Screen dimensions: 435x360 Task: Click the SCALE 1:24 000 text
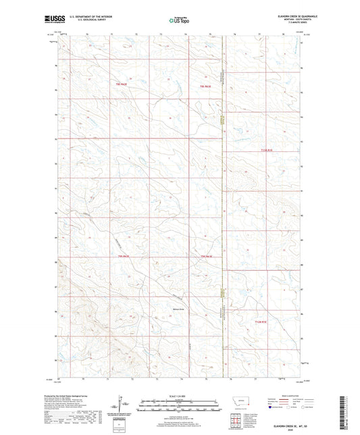180,395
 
